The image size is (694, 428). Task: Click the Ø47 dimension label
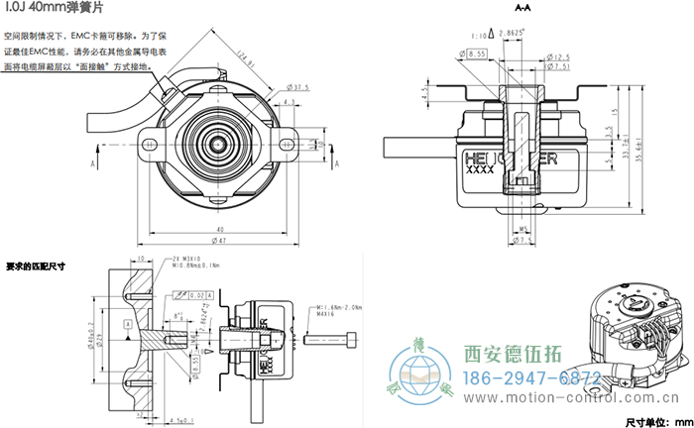[219, 241]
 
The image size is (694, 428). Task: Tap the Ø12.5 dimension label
[558, 58]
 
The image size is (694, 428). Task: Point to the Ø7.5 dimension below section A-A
[524, 240]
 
